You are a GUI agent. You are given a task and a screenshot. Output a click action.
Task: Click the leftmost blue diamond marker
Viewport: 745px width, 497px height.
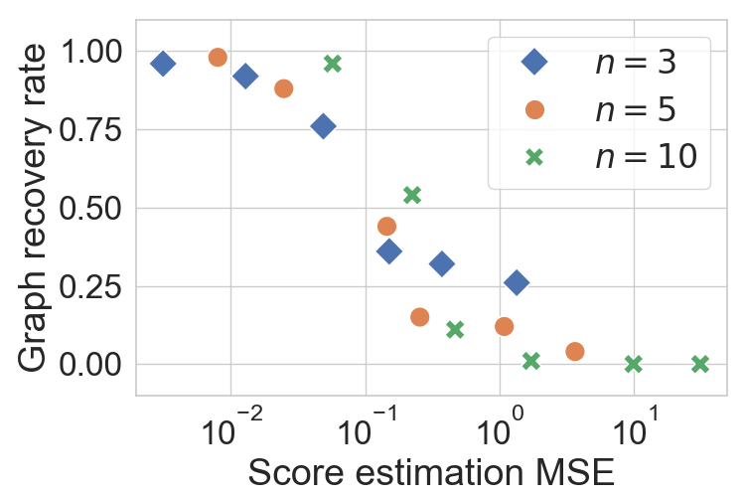point(163,64)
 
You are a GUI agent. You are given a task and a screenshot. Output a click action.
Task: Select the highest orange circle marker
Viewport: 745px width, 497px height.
point(218,58)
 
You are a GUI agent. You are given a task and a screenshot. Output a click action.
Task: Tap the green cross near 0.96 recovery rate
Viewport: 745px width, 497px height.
point(333,64)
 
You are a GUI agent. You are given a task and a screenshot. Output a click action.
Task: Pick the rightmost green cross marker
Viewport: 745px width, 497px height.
point(699,364)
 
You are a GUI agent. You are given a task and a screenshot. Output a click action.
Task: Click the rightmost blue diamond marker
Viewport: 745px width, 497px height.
point(516,283)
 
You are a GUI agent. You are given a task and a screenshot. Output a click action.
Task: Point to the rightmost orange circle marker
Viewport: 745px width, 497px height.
point(574,351)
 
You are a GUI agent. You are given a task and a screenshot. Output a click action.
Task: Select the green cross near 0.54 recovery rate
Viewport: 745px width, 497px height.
point(412,195)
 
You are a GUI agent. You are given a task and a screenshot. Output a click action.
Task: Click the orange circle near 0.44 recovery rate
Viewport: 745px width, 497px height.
point(387,227)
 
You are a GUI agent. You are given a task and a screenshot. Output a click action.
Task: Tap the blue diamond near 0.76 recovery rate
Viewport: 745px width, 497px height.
point(323,126)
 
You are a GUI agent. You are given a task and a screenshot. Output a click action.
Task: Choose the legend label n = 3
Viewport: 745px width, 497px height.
point(635,64)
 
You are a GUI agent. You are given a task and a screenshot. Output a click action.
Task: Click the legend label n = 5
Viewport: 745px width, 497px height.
point(635,109)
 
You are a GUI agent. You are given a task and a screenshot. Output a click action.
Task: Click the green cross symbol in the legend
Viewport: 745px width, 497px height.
point(534,156)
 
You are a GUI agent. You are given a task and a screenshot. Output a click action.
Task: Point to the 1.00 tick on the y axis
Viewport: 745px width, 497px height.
point(91,52)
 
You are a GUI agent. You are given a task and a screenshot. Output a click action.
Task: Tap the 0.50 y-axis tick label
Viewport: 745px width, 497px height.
point(91,209)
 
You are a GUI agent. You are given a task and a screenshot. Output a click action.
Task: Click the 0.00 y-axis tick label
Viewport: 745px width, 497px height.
point(91,365)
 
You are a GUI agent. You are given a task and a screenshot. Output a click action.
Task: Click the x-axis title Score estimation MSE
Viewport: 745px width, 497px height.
point(431,472)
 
